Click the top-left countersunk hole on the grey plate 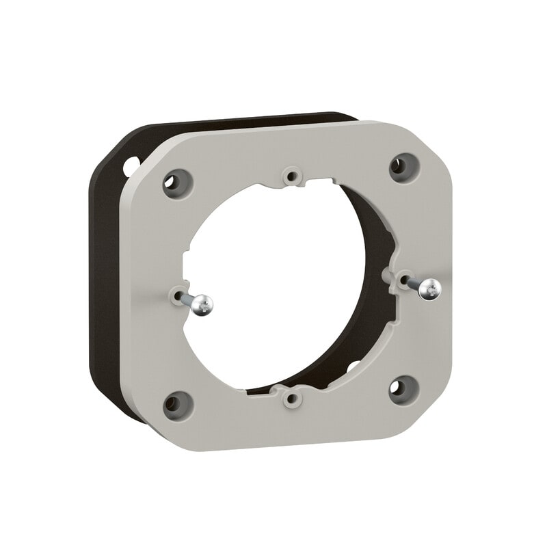coord(172,182)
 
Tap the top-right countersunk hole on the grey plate coord(399,165)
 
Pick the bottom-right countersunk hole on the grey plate coord(399,388)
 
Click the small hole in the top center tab coord(293,176)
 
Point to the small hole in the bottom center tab coord(293,397)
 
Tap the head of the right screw coord(430,288)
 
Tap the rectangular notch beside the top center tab coord(315,183)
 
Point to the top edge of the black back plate coord(239,121)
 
